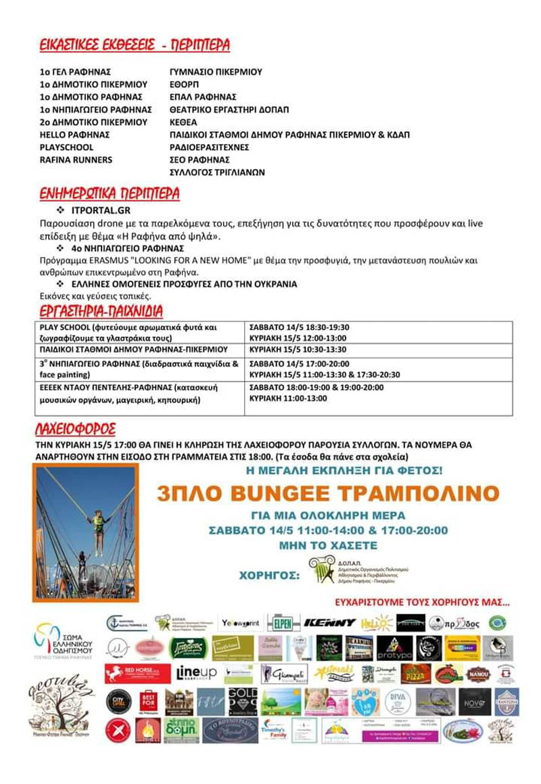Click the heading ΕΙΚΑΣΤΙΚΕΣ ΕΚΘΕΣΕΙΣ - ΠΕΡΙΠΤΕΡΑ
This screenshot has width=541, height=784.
[134, 45]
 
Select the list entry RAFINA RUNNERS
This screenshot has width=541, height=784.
[75, 160]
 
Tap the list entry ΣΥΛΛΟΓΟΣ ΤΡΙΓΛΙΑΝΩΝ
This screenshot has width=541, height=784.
[216, 172]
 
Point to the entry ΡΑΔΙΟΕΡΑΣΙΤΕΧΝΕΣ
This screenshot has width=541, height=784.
[209, 147]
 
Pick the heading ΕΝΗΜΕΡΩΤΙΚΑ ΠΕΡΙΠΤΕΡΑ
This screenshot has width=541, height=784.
[109, 195]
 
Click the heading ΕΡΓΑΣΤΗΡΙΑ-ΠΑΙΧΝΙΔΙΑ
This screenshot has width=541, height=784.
[99, 311]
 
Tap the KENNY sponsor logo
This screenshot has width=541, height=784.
[329, 622]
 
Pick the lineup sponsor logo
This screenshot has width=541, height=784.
[196, 674]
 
